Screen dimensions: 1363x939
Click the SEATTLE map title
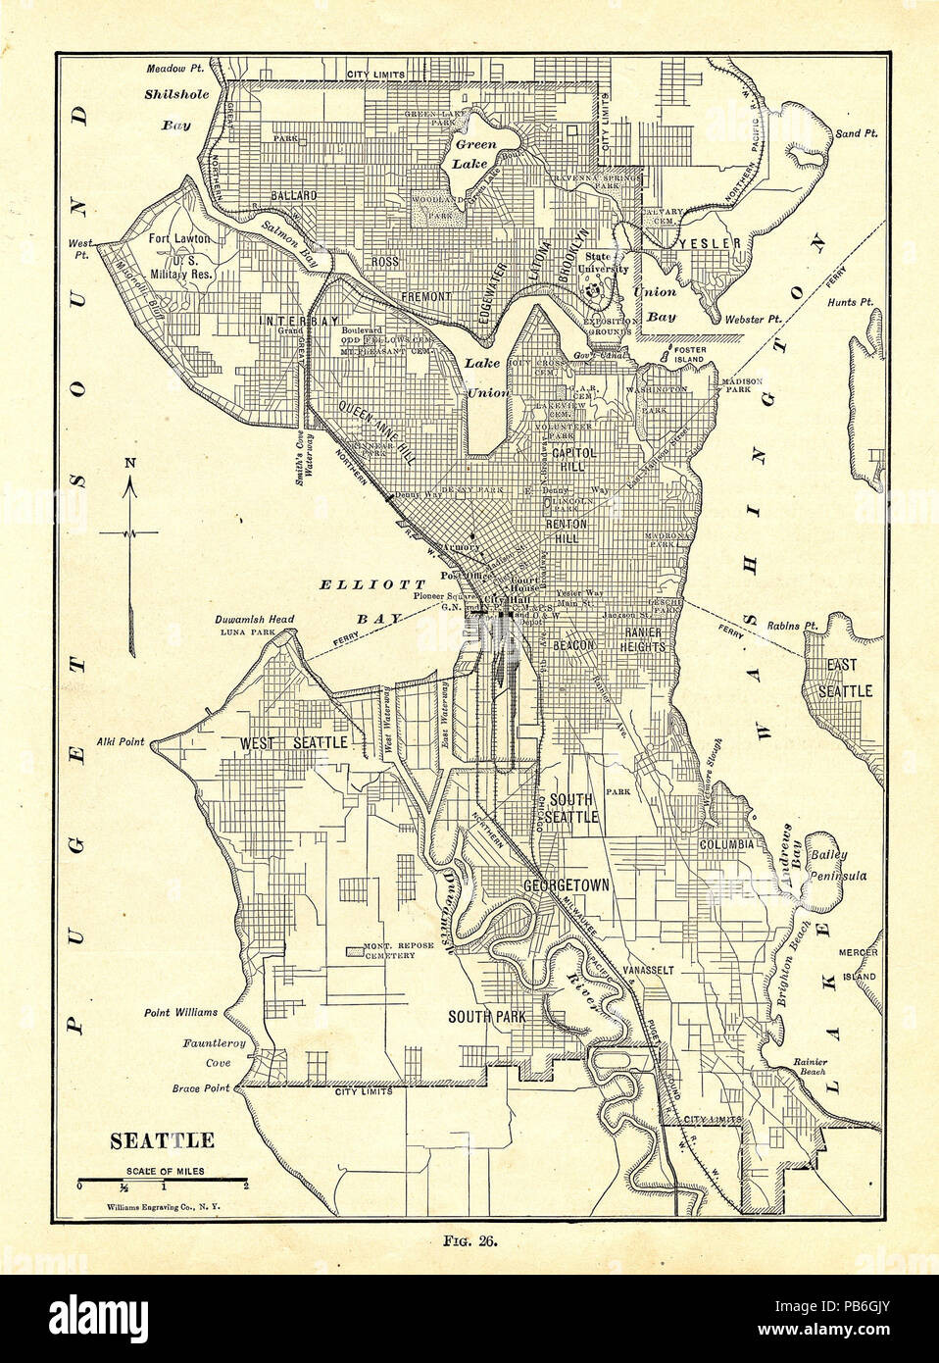click(162, 1141)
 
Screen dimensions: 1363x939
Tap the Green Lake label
click(475, 153)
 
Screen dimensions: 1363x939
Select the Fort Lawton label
click(180, 238)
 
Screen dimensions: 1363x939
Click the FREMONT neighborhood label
click(425, 295)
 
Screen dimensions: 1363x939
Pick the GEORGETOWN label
click(567, 884)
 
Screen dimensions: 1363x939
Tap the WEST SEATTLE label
click(294, 743)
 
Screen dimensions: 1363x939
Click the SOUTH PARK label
click(488, 1017)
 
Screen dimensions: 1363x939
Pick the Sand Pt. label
click(856, 132)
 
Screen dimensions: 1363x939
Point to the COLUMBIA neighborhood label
click(726, 844)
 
